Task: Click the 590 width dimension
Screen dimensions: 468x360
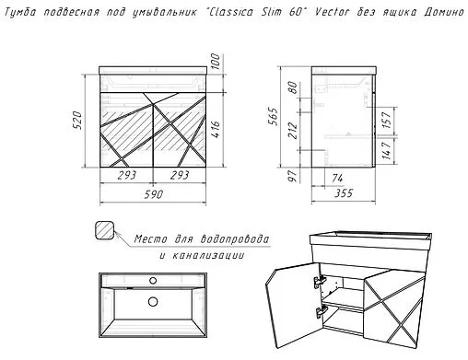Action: coord(154,194)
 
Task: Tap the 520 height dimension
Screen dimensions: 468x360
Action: coord(77,121)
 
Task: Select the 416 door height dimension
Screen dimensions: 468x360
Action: coord(216,129)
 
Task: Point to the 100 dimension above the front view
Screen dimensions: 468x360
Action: coord(216,62)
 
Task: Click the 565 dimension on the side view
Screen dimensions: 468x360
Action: coord(273,116)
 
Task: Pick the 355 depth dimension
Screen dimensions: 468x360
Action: coord(344,193)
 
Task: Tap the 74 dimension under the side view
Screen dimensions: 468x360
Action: coord(337,178)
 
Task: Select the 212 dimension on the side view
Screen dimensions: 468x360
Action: coord(293,131)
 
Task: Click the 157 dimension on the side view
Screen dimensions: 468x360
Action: coord(387,120)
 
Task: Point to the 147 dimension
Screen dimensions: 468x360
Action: coord(387,150)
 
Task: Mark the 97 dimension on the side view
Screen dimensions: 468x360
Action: coord(293,175)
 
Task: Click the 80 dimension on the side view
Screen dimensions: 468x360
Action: coord(293,87)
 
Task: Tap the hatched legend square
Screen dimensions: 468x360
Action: coord(105,230)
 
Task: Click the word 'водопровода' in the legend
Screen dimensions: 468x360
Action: coord(235,239)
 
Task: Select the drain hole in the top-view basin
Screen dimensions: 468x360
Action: coord(153,302)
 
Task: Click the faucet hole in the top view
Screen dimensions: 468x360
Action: coord(153,280)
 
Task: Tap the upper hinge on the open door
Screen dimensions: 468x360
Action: coord(320,281)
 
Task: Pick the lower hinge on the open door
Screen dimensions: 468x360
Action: coord(321,311)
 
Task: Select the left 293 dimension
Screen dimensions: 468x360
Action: coord(126,175)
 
